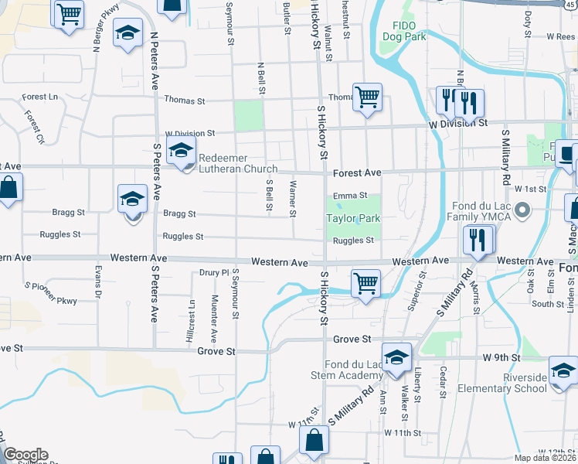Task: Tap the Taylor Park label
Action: click(353, 219)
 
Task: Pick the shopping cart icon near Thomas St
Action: click(367, 98)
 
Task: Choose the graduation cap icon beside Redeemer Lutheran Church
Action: click(182, 151)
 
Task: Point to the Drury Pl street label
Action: click(214, 272)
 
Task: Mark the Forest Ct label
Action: click(33, 128)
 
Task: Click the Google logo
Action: click(25, 455)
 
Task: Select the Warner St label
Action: click(292, 193)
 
